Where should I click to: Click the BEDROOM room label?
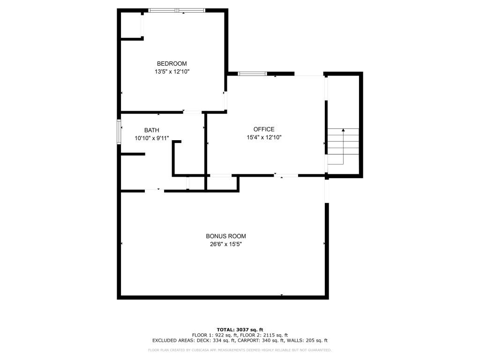(172, 64)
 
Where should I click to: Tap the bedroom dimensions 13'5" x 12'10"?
(172, 72)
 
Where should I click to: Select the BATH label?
(151, 130)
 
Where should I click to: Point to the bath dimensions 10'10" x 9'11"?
(152, 138)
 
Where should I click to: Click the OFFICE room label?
(264, 129)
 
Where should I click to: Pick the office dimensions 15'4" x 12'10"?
(264, 137)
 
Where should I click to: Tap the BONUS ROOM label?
(226, 236)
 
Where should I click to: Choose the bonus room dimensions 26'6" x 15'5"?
(226, 244)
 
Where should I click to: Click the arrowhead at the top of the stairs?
(343, 130)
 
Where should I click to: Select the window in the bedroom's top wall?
(177, 10)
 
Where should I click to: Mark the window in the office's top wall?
(252, 74)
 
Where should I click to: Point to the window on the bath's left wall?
(119, 132)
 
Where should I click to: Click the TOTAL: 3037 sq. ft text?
(240, 330)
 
